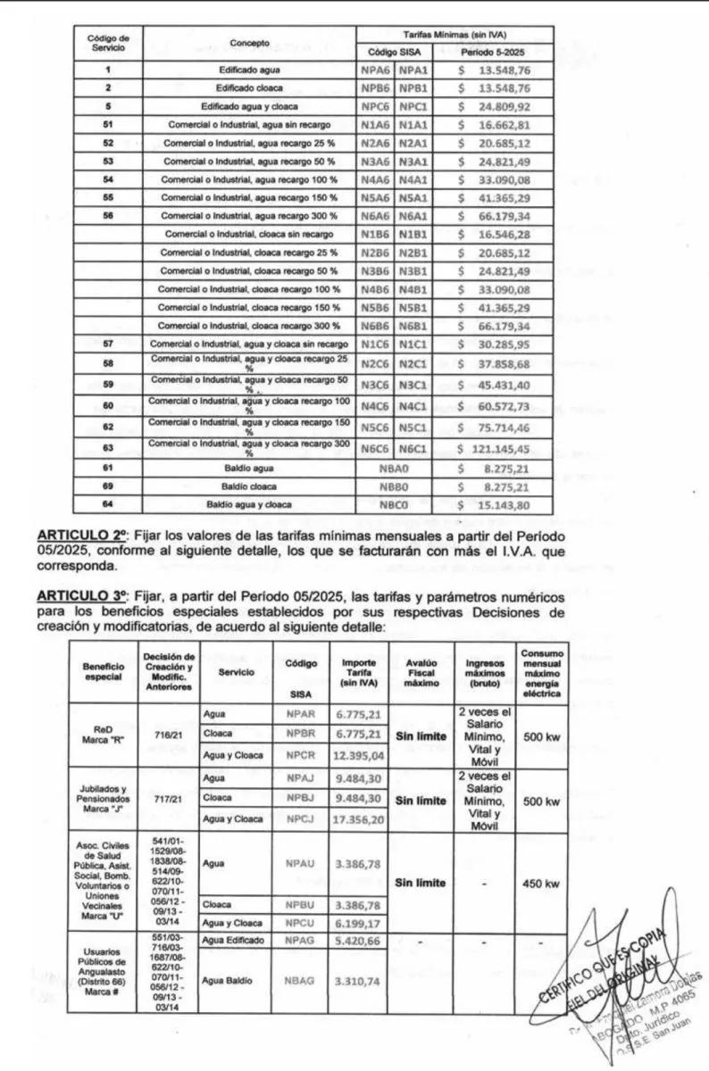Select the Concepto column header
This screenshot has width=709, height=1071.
coord(249,43)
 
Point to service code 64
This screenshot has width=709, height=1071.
coord(107,504)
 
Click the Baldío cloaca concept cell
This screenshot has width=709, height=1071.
coord(248,486)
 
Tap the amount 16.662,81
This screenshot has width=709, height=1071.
coord(500,124)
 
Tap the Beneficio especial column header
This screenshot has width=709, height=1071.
coord(104,672)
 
